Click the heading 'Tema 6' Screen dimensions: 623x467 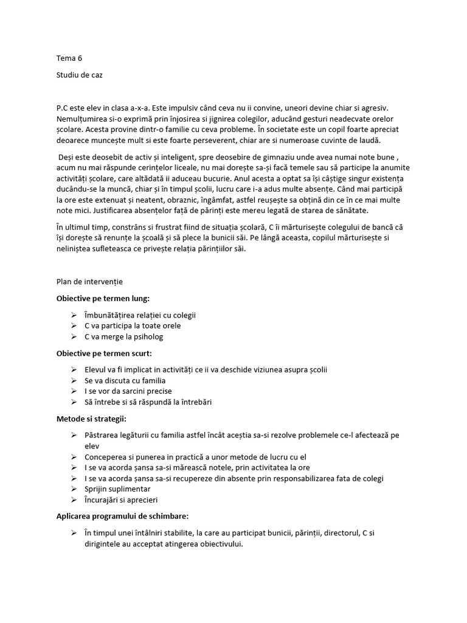[x=69, y=58]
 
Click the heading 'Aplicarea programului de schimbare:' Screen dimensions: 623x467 [x=122, y=515]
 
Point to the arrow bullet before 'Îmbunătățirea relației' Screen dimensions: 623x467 [x=74, y=315]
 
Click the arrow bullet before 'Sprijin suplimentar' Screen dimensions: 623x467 [x=74, y=489]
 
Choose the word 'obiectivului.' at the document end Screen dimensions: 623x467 [x=218, y=544]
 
